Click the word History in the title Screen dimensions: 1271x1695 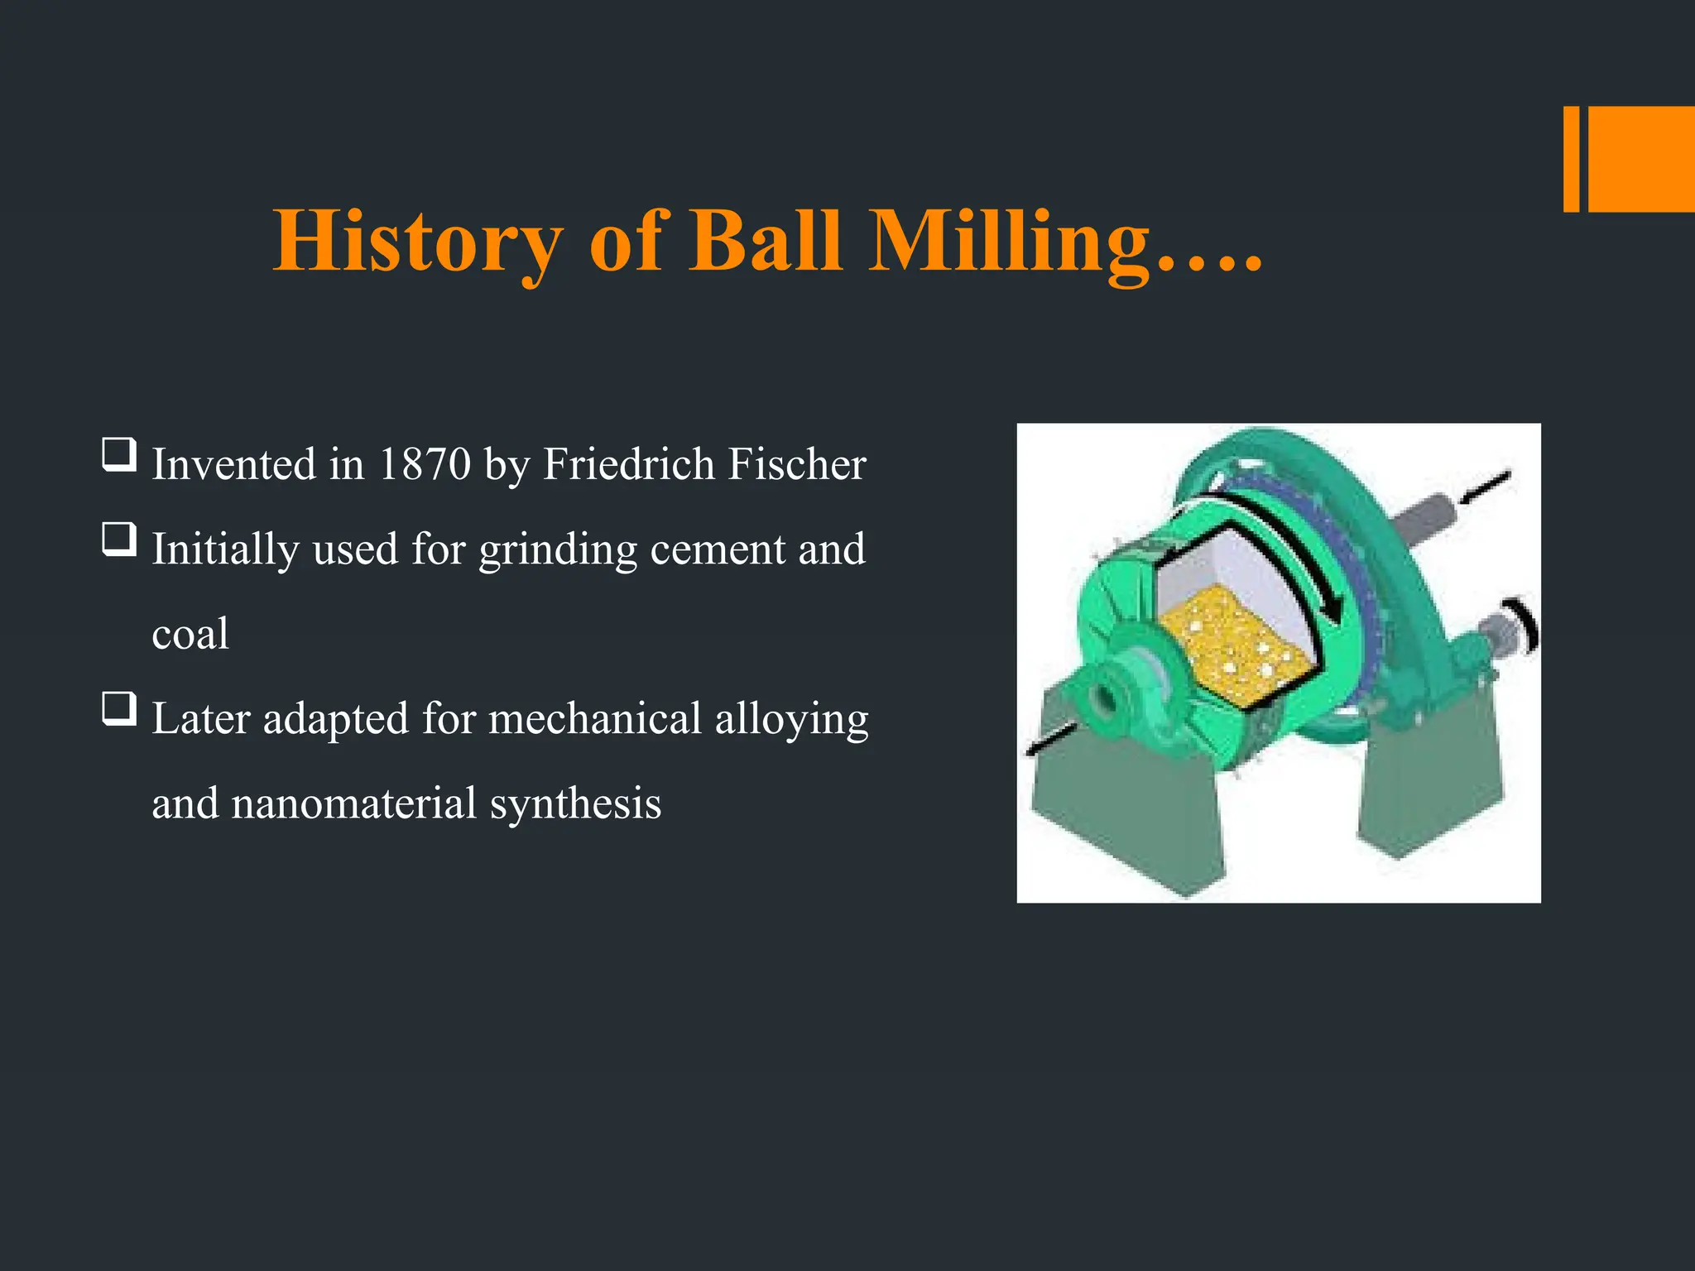click(x=417, y=242)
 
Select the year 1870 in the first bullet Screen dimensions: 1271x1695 click(x=424, y=464)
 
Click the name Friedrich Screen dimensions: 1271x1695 click(x=628, y=464)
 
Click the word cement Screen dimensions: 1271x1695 click(x=717, y=549)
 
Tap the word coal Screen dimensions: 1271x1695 click(x=190, y=635)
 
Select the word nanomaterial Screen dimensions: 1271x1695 click(x=353, y=803)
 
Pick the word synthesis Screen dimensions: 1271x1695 click(x=575, y=803)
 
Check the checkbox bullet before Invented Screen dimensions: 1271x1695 click(x=119, y=455)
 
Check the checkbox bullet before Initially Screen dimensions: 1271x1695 click(x=119, y=540)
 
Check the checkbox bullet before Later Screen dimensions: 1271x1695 click(x=119, y=710)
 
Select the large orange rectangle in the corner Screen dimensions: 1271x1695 click(x=1641, y=159)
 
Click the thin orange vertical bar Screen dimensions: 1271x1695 click(x=1571, y=159)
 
